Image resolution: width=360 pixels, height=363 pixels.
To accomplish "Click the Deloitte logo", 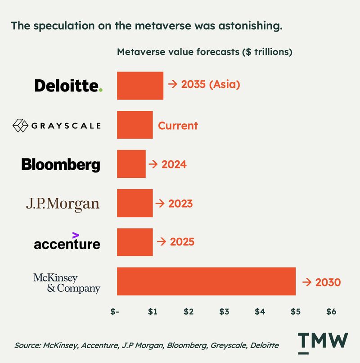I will [x=68, y=85].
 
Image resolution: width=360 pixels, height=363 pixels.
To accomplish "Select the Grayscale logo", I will [x=56, y=125].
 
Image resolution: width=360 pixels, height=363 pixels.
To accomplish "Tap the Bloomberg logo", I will [x=61, y=164].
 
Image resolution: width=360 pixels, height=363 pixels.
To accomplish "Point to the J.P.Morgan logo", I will [x=63, y=204].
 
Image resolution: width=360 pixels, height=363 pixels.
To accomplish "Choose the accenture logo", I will [x=67, y=242].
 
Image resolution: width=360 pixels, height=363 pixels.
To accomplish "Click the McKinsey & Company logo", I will [x=67, y=283].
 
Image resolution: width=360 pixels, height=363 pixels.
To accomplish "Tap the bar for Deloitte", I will [x=140, y=85].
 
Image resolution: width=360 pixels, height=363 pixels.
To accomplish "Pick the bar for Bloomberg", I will [x=131, y=164].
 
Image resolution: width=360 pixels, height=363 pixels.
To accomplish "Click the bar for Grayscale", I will [x=135, y=125].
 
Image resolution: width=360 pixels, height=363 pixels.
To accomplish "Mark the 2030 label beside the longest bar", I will [x=322, y=282].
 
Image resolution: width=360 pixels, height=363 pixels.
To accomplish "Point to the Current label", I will [x=178, y=125].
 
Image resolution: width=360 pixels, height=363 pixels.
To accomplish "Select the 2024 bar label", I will [x=167, y=164].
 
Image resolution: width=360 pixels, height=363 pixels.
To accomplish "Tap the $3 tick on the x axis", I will [x=224, y=312].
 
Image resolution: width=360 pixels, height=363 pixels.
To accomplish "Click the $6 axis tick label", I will [x=331, y=312].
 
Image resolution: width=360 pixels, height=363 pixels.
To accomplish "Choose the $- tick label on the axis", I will [x=117, y=312].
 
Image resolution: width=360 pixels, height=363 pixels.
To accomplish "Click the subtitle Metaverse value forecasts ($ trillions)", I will [x=205, y=52].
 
